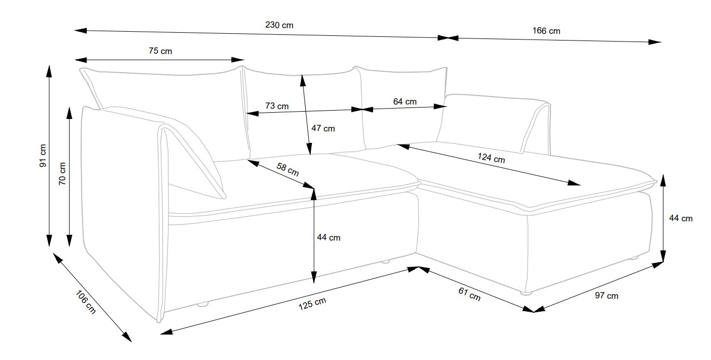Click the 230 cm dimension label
pyautogui.click(x=279, y=25)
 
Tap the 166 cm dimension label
pyautogui.click(x=546, y=31)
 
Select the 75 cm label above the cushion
pyautogui.click(x=160, y=51)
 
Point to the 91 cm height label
pyautogui.click(x=43, y=155)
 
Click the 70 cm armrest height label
pyautogui.click(x=62, y=174)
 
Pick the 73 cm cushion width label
pyautogui.click(x=277, y=106)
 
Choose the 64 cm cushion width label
pyautogui.click(x=405, y=101)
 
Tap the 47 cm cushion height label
pyautogui.click(x=323, y=128)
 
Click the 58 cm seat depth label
pyautogui.click(x=287, y=169)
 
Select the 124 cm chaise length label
pyautogui.click(x=491, y=157)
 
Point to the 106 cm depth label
pyautogui.click(x=86, y=302)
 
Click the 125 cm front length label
pyautogui.click(x=312, y=303)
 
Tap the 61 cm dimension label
pyautogui.click(x=469, y=294)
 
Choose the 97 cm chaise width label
pyautogui.click(x=606, y=296)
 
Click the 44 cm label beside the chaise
pyautogui.click(x=681, y=218)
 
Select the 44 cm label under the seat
pyautogui.click(x=328, y=237)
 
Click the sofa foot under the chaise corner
pyautogui.click(x=526, y=294)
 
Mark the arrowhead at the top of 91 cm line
pyautogui.click(x=49, y=71)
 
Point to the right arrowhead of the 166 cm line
pyautogui.click(x=655, y=42)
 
